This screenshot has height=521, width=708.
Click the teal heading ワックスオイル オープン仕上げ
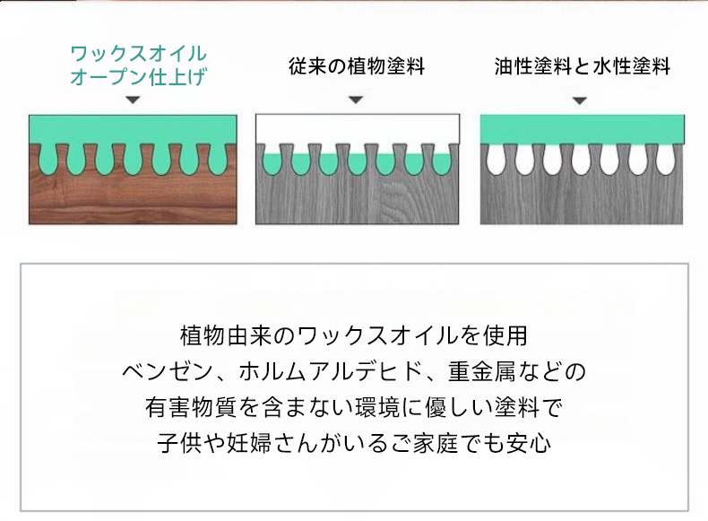(139, 65)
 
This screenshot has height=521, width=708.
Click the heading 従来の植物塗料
(357, 66)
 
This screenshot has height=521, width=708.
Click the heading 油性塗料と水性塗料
(582, 66)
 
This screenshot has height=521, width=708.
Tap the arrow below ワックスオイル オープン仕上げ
(133, 100)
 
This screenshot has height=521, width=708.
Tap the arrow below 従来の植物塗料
(356, 100)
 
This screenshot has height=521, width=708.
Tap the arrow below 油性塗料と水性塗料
(580, 100)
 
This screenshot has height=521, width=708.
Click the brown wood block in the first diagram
(133, 199)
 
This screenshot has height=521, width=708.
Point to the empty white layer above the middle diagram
(358, 128)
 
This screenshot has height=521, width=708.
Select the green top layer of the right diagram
(582, 129)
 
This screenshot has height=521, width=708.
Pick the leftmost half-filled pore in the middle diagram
(272, 161)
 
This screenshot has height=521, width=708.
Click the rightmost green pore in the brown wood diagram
(217, 160)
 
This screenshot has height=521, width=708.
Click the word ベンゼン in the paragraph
(168, 371)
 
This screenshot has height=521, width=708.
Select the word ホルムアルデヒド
(332, 371)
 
